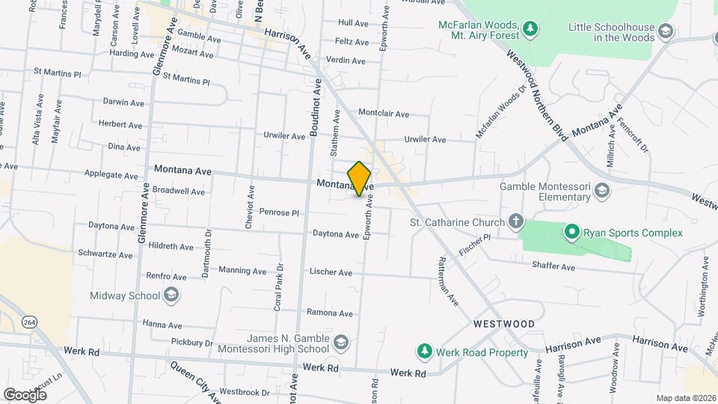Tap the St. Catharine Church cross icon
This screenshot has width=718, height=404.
[515, 221]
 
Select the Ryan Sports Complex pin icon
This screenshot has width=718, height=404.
[572, 233]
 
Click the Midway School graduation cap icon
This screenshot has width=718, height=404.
[171, 296]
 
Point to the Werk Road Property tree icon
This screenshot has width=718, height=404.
[424, 352]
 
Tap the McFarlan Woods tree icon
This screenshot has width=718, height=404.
[530, 28]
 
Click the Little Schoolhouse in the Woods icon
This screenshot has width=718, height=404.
[666, 31]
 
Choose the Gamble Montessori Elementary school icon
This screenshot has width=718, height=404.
[601, 192]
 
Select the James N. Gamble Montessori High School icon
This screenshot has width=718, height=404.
[341, 342]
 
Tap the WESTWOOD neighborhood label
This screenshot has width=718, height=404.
[504, 324]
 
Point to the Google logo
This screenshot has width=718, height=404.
[25, 394]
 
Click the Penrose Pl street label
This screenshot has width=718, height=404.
[279, 212]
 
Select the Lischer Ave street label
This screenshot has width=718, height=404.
[330, 273]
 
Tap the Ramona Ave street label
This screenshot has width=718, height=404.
[329, 312]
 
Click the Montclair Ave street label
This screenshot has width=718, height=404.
[384, 114]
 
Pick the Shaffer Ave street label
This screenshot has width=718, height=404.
[553, 266]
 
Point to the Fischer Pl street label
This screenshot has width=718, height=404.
[474, 243]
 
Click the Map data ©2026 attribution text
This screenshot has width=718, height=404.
[685, 398]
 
